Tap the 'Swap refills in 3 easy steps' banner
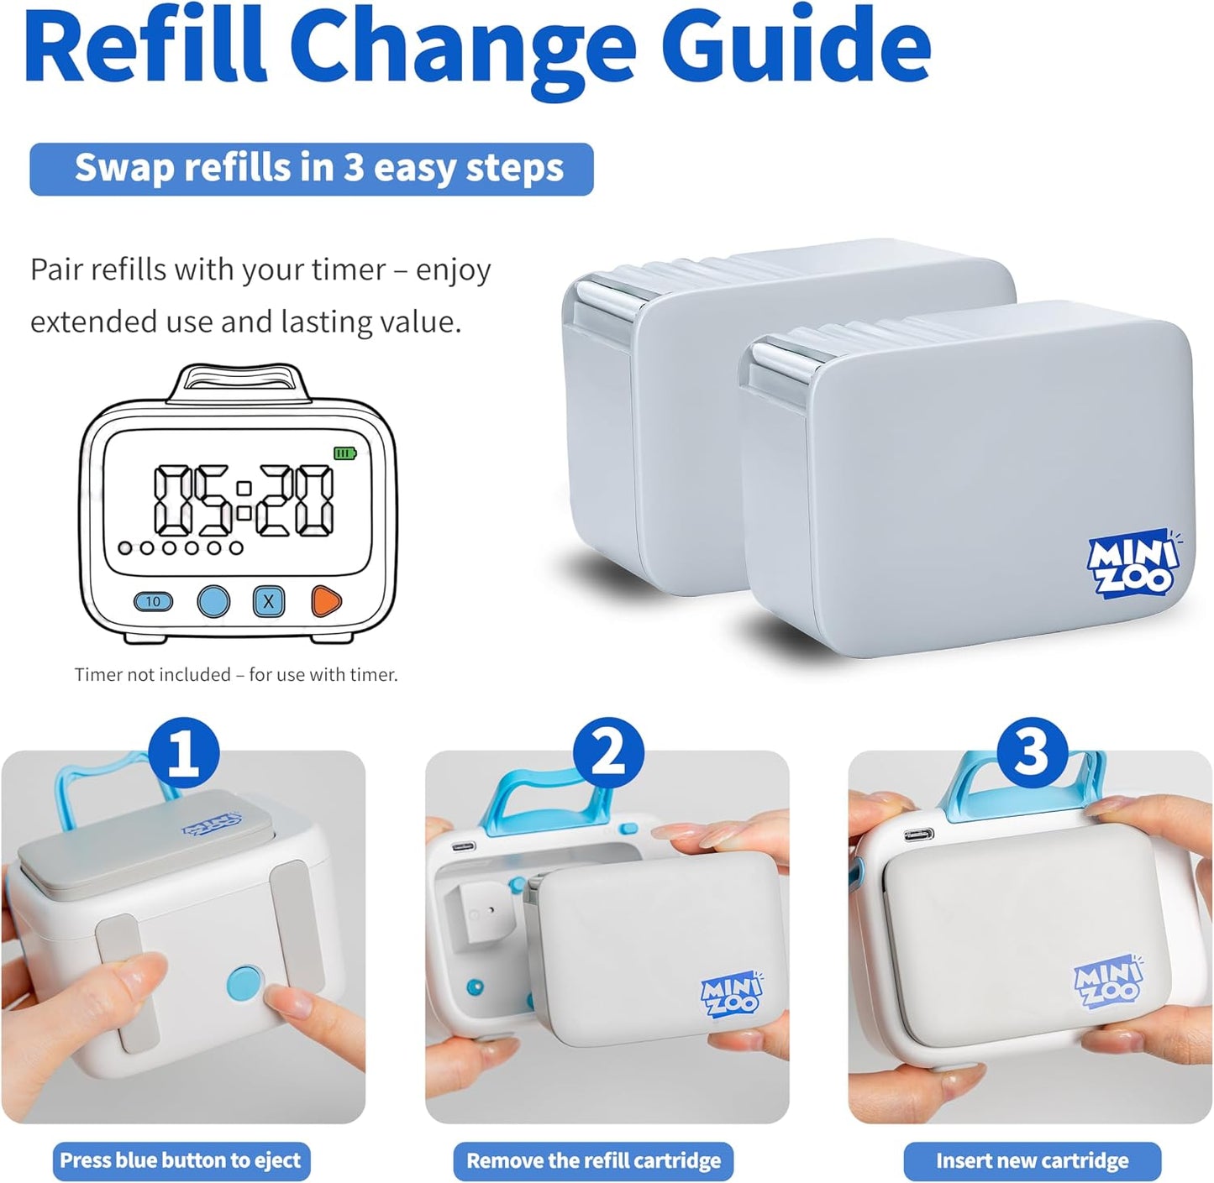(312, 169)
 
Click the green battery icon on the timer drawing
(344, 453)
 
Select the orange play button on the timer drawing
(326, 601)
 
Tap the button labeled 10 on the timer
(154, 601)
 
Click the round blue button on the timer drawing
(213, 601)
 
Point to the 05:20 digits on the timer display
(244, 500)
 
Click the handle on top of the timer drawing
(239, 384)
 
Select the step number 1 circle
(183, 754)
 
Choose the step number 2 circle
(608, 754)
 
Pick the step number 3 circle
(1032, 753)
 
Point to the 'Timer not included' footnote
(236, 674)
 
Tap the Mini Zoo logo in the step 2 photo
(731, 993)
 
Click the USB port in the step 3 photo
(919, 834)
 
